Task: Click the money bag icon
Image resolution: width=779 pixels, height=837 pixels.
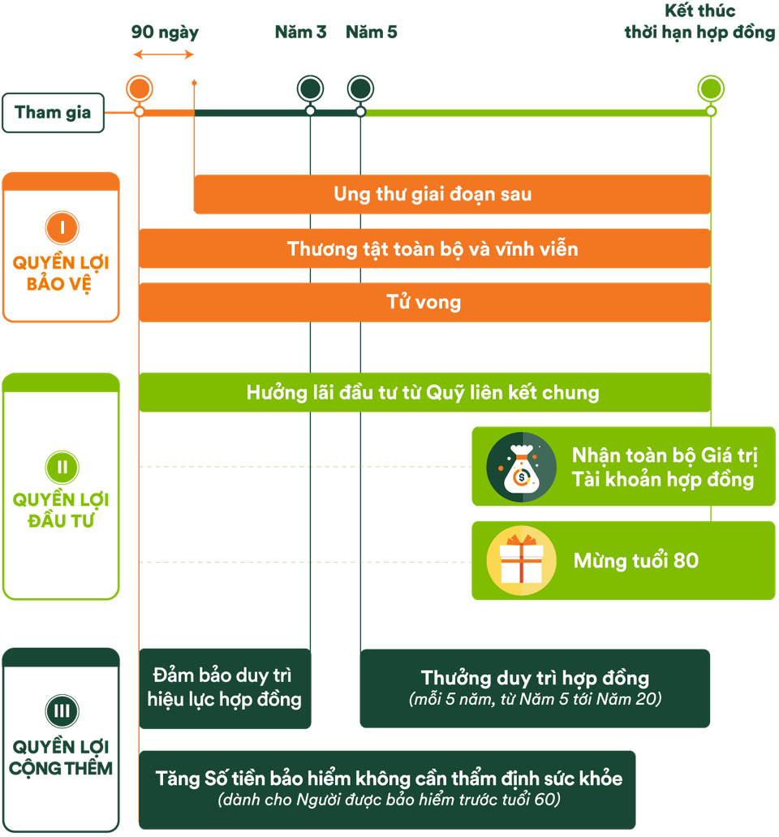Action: tap(521, 467)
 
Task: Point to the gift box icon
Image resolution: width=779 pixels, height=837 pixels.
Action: tap(521, 560)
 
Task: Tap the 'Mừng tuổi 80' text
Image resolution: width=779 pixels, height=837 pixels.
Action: tap(635, 560)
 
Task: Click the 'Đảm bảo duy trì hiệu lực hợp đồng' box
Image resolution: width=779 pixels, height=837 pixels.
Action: tap(225, 688)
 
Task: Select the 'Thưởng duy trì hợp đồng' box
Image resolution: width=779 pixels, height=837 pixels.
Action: tap(535, 688)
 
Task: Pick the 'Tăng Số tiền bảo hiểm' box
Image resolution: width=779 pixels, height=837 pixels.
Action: tap(388, 788)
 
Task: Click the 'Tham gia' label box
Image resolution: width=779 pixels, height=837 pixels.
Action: tap(54, 112)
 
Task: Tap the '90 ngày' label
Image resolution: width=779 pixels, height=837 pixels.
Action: tap(165, 33)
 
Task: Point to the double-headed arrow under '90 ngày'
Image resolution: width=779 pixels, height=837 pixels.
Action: tap(164, 55)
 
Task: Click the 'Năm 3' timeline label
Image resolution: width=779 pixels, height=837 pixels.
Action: tap(300, 33)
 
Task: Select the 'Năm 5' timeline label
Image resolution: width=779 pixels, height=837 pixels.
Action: tap(371, 33)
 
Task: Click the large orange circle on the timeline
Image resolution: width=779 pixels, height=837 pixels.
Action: tap(140, 88)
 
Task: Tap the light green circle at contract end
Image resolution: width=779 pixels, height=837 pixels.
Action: tap(711, 88)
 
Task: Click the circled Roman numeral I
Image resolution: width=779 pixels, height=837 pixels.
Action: tap(62, 228)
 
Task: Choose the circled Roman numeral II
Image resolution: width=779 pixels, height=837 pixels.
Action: tap(62, 467)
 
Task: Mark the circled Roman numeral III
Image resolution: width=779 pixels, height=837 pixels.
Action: tap(62, 712)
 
